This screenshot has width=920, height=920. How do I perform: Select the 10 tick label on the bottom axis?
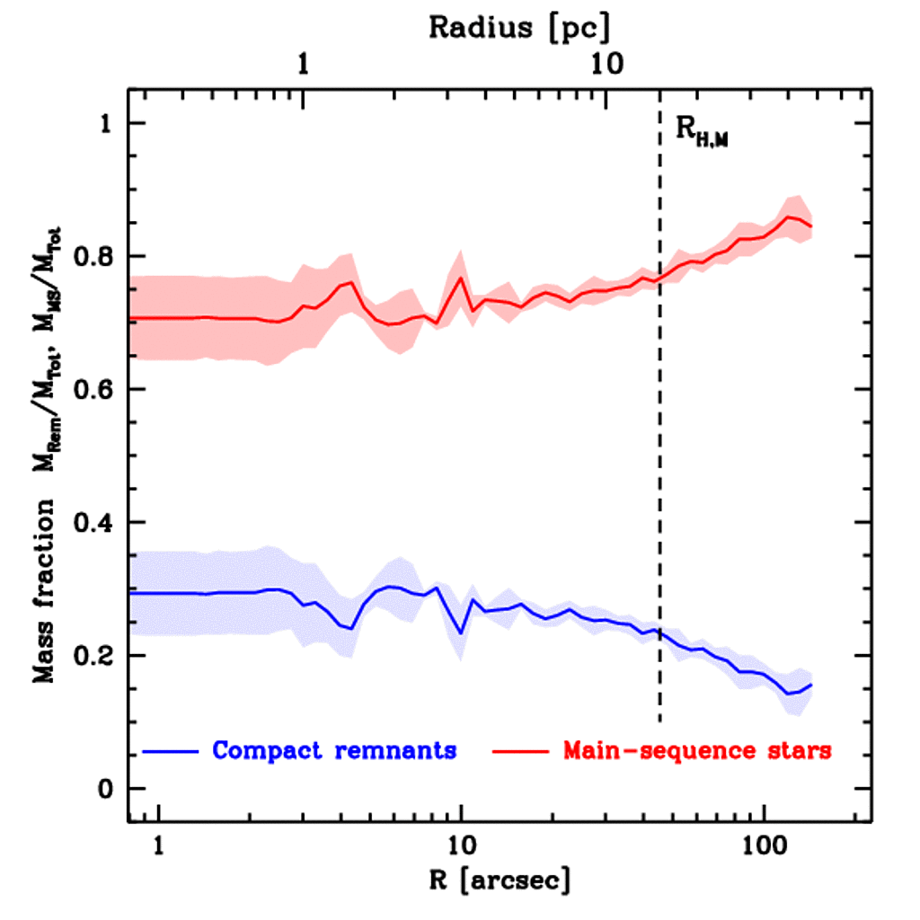tap(461, 847)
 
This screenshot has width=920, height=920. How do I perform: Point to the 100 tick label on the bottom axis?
tap(764, 847)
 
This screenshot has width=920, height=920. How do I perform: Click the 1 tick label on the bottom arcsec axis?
tap(159, 847)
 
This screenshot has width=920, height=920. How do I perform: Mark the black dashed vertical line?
tap(660, 449)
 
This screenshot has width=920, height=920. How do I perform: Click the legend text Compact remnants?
tap(334, 750)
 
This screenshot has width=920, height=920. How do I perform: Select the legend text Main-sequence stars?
tap(697, 750)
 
